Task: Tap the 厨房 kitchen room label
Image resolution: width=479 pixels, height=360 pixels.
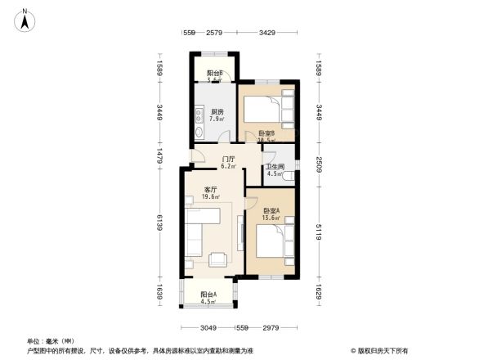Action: point(217,111)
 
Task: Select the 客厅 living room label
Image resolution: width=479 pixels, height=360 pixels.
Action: point(210,189)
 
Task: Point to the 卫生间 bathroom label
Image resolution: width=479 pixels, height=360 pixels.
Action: point(275,167)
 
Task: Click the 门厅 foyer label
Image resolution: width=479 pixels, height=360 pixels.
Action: point(229,159)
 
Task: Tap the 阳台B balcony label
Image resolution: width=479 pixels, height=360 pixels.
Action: point(215,74)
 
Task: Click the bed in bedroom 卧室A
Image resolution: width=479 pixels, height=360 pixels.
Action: point(271,244)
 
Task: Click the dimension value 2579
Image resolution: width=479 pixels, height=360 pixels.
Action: point(215,33)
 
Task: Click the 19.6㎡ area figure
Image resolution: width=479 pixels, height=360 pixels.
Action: point(211,197)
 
